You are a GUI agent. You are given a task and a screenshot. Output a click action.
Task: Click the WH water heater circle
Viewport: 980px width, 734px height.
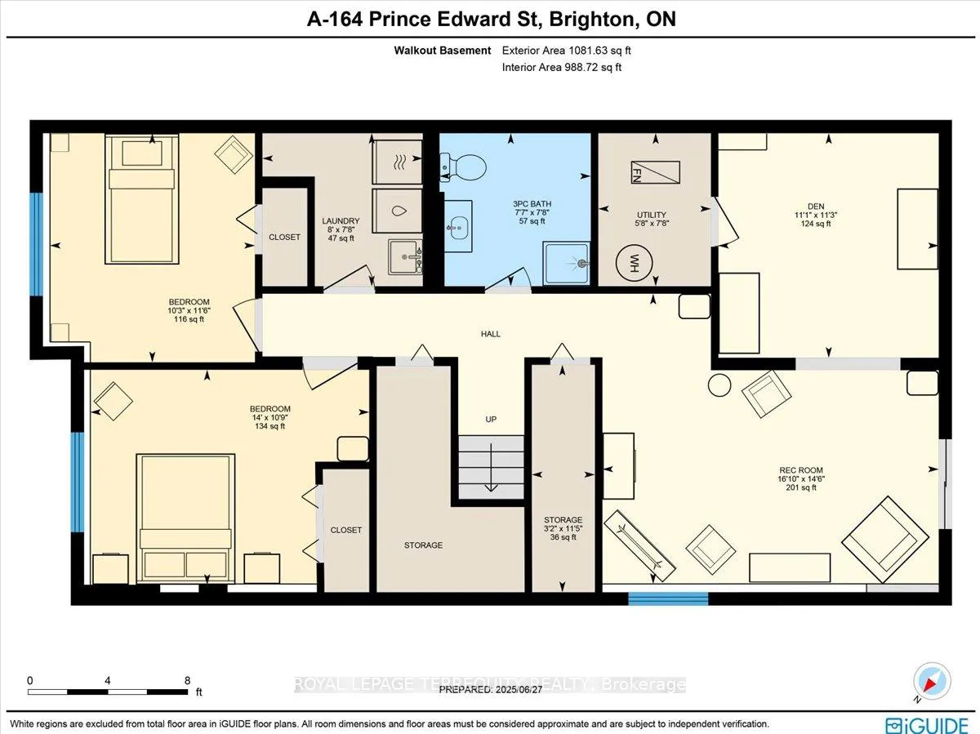click(x=634, y=262)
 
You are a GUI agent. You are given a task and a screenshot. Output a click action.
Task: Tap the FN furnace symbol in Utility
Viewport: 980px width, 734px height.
click(x=656, y=172)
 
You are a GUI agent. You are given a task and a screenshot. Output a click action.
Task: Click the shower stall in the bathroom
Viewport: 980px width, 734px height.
click(x=566, y=263)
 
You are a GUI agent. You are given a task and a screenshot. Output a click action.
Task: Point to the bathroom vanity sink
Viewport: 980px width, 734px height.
click(x=458, y=226)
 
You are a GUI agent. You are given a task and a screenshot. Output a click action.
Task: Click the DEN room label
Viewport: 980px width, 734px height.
click(x=816, y=206)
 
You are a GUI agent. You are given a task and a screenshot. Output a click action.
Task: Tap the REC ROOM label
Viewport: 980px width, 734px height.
click(x=801, y=469)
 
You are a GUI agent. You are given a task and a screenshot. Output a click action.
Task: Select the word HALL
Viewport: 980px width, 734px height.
click(x=490, y=334)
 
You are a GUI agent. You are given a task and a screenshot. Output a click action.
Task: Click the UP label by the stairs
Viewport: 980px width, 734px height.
click(x=491, y=419)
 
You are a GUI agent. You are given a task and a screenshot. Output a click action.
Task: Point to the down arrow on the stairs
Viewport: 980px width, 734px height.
click(x=491, y=467)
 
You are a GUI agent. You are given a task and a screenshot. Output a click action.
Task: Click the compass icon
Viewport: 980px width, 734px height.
click(x=932, y=682)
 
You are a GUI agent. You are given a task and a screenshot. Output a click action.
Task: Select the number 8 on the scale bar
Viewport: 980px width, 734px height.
click(x=187, y=680)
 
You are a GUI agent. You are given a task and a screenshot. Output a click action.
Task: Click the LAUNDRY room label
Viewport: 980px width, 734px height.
click(x=341, y=221)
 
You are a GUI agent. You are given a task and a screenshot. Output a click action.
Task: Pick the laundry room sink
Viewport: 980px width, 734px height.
click(x=405, y=257)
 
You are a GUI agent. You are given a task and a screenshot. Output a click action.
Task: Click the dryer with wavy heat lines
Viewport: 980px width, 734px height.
click(x=397, y=162)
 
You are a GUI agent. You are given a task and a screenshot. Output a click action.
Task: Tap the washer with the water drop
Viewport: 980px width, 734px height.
click(x=397, y=211)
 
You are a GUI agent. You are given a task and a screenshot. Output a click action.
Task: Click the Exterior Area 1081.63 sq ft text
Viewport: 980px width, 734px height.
click(x=566, y=51)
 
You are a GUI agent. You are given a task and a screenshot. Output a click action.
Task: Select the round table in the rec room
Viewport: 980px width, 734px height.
click(x=719, y=385)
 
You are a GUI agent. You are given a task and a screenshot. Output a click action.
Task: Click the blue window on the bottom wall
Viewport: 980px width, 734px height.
click(x=668, y=598)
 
